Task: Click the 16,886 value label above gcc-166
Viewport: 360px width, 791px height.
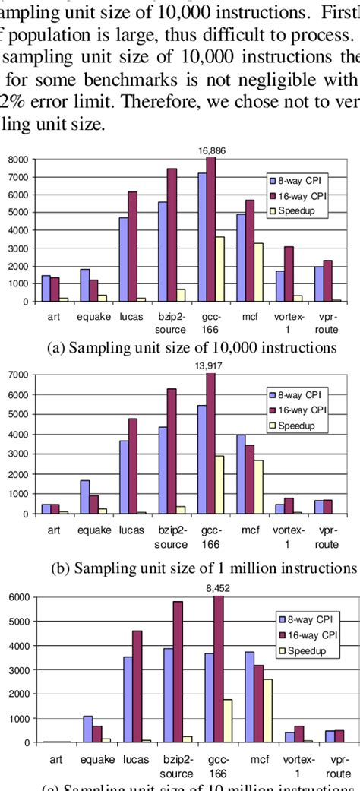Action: tap(211, 151)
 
